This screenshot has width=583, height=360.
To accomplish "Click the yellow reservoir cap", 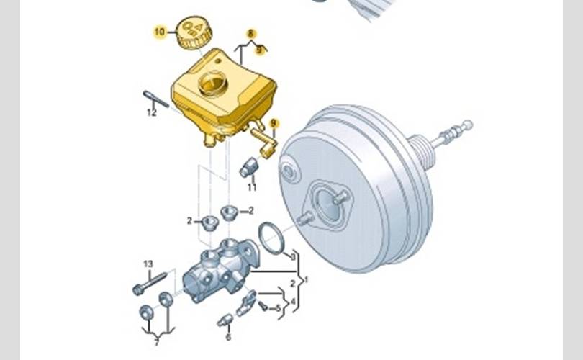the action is coord(194,32).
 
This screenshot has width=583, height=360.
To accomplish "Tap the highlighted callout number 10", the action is coord(160,32).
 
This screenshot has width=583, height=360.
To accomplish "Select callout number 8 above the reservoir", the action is coord(251,33).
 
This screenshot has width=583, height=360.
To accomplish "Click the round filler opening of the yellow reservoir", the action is coord(212,84).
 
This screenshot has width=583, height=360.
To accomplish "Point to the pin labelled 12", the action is coord(155,99).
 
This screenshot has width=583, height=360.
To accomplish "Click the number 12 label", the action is coord(152,112).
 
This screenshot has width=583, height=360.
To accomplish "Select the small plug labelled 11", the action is coord(248,167).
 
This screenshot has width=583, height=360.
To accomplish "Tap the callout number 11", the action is coord(252,187).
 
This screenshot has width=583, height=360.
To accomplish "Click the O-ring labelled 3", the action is coord(271,238).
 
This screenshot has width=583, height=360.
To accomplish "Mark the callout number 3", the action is coord(293,256).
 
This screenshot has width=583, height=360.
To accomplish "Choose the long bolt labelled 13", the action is coord(150,284).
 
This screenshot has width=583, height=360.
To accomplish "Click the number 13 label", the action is coord(148,264).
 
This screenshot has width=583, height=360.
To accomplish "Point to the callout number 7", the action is coord(156,343).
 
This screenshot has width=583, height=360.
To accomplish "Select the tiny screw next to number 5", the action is coord(263,306).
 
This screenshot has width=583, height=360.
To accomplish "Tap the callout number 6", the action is coord(228,337).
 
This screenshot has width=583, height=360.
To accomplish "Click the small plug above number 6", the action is coord(225,320).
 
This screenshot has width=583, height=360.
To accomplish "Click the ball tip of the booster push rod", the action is coord(468,125).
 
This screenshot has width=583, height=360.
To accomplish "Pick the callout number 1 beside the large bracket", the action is coord(306,279).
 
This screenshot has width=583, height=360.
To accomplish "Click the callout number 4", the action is coord(293,301).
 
